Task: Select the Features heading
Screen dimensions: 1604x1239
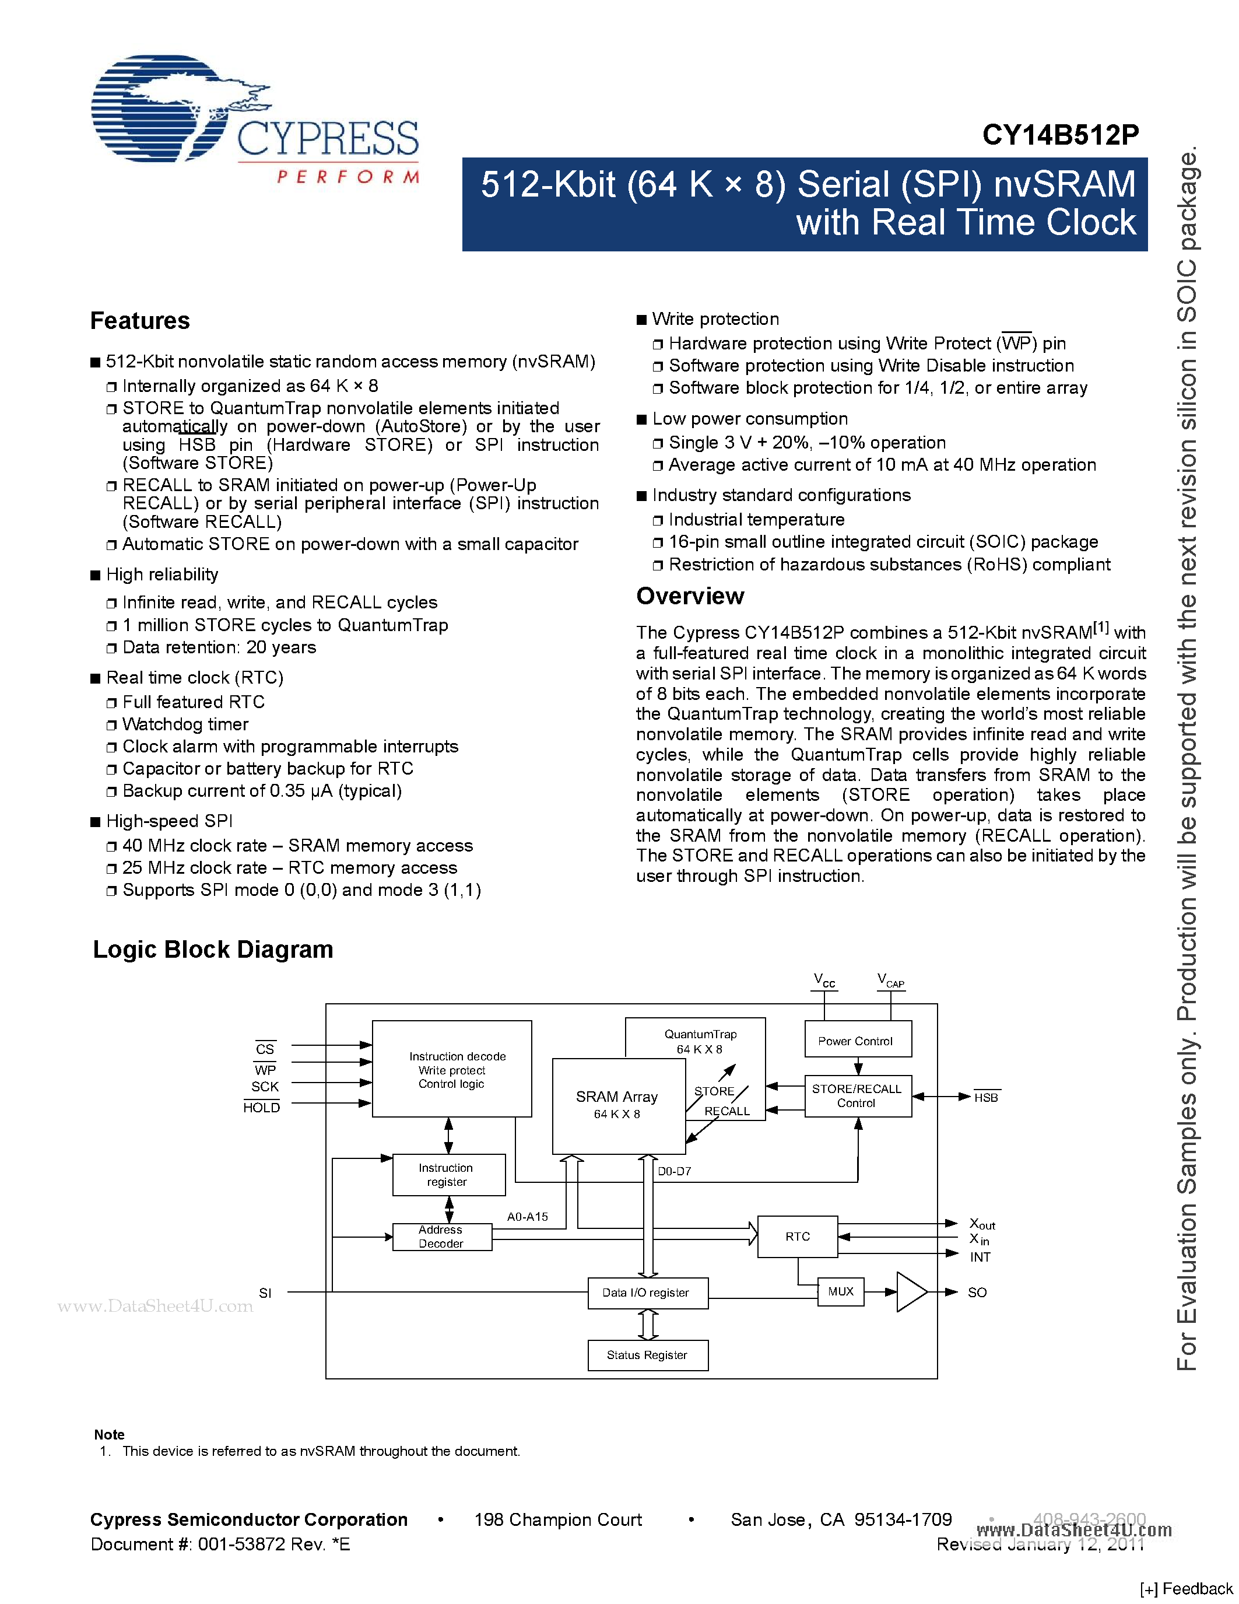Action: click(139, 321)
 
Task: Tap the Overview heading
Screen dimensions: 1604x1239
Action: click(689, 596)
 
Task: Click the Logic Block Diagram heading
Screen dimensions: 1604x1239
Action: click(213, 949)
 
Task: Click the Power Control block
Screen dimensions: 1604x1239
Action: click(857, 1040)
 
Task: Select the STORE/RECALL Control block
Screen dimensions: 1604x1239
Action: click(857, 1096)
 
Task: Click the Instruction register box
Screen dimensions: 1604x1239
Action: click(448, 1174)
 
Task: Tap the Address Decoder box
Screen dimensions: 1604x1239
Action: click(442, 1236)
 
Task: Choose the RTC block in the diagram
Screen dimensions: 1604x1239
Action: click(797, 1236)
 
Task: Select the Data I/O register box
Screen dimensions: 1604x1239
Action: click(647, 1293)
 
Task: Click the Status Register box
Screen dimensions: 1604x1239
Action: click(647, 1354)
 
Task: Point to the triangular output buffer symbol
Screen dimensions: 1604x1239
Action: click(910, 1291)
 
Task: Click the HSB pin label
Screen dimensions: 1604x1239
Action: click(986, 1097)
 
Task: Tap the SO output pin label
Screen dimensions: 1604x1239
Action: click(977, 1292)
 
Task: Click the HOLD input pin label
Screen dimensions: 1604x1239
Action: click(261, 1108)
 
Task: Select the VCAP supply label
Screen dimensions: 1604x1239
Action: click(890, 980)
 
